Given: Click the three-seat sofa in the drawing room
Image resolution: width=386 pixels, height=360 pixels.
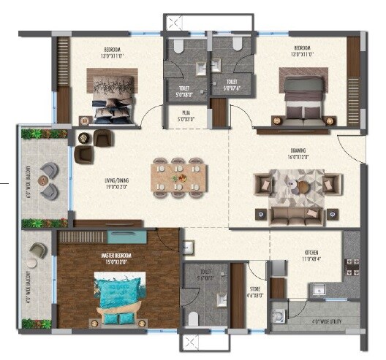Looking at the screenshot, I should point(295,215).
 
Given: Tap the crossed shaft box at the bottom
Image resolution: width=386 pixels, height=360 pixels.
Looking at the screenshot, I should point(189,342).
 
